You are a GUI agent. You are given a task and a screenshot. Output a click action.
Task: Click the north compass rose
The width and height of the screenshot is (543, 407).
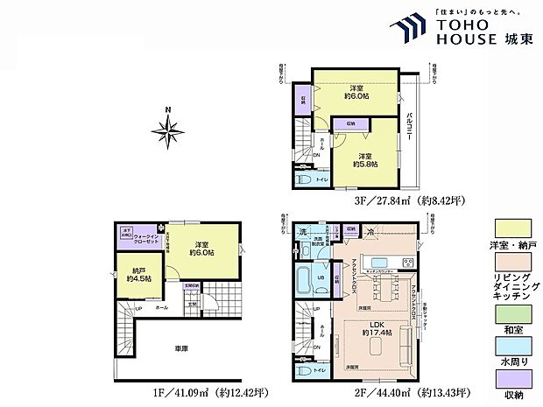[166, 130]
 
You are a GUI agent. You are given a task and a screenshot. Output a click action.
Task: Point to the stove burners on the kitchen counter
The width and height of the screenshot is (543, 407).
[407, 263]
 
